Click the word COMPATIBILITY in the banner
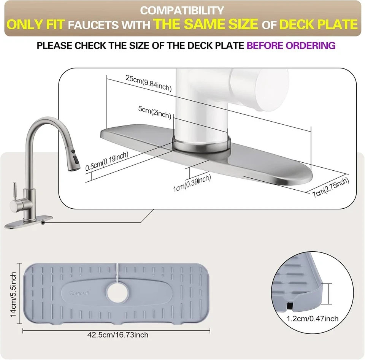182,11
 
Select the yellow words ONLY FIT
36,24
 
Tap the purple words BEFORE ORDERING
291,45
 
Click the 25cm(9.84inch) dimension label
149,83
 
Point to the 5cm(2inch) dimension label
155,112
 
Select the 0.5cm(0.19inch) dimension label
107,161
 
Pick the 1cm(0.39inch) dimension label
192,183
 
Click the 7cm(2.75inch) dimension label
331,187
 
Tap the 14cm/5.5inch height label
13,294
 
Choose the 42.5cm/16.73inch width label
118,335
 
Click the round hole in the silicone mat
117,293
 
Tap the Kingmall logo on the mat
79,293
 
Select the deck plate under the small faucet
29,223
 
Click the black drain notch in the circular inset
290,306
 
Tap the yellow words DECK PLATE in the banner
319,24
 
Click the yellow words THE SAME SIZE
206,24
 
